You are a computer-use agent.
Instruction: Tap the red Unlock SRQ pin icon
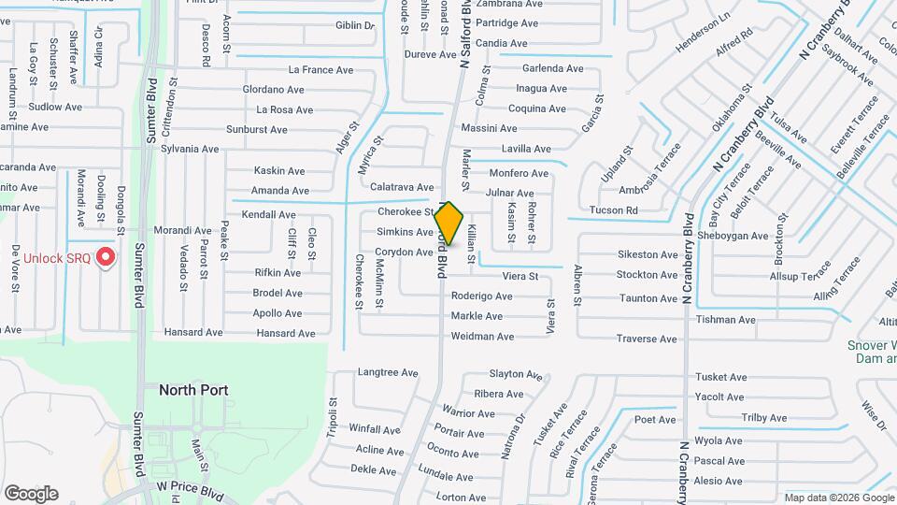(106, 256)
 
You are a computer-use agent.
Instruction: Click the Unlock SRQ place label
(57, 259)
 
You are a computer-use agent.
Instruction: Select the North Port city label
(193, 389)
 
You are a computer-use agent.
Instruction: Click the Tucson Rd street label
(613, 210)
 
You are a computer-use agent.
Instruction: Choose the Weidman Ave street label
(482, 337)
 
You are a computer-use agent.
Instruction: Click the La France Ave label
(320, 69)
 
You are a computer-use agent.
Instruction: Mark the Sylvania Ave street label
(190, 149)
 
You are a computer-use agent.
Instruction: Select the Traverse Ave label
(647, 339)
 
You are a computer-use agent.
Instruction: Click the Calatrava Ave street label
(402, 187)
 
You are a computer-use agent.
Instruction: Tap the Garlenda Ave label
(552, 68)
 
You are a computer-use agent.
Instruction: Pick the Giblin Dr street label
(354, 25)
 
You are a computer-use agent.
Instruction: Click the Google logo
(31, 494)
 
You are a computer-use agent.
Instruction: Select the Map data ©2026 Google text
(838, 498)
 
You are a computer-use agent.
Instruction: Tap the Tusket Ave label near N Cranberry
(720, 378)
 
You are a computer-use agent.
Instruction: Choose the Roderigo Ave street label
(481, 296)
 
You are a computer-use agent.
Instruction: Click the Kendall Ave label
(268, 214)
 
